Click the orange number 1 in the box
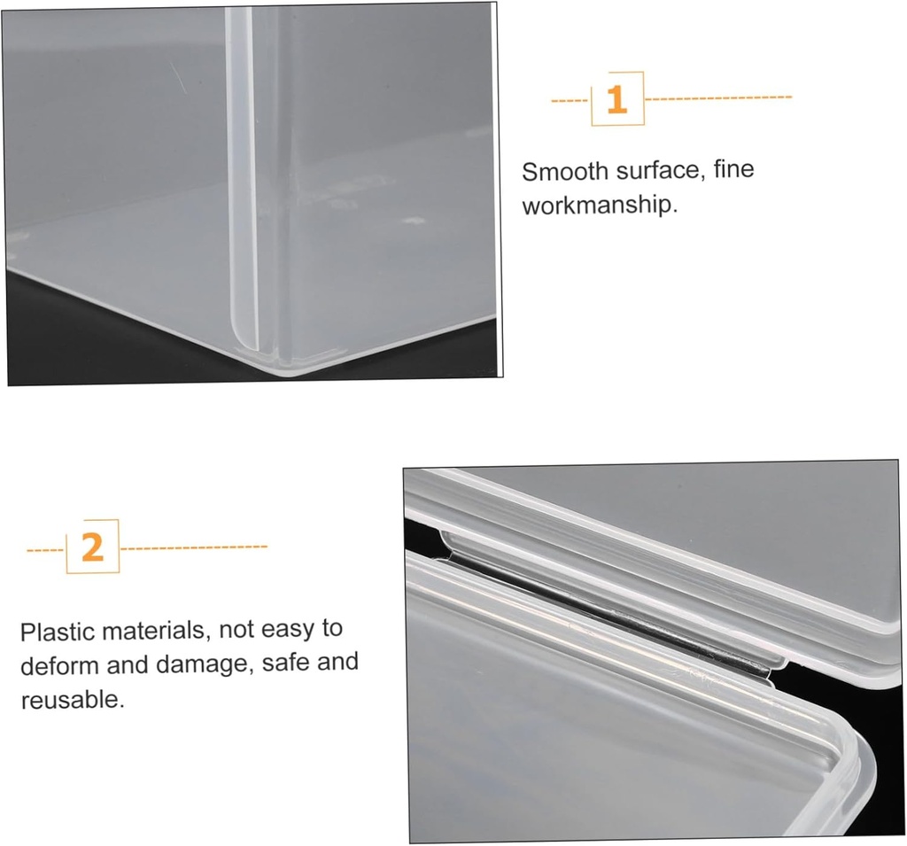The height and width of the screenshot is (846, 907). [616, 99]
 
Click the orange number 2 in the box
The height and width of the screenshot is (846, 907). [92, 547]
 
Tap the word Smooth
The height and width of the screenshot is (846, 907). [564, 171]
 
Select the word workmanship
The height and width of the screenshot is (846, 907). [599, 206]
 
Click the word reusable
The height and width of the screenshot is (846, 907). [72, 700]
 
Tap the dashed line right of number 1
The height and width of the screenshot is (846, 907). [718, 97]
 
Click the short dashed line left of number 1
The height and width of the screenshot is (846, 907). [570, 100]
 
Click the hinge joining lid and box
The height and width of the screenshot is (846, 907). [611, 620]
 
